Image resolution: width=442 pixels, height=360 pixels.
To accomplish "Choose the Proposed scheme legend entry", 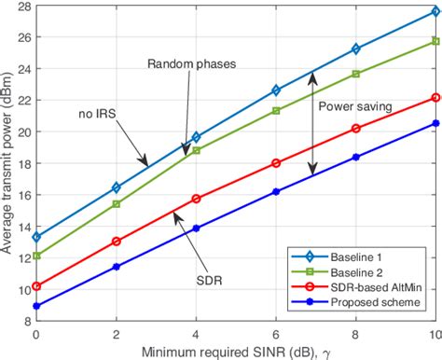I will click(382, 304).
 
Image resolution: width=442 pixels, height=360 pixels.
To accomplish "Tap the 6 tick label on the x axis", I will click(276, 333).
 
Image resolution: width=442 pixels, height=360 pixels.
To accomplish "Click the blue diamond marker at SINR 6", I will click(276, 90).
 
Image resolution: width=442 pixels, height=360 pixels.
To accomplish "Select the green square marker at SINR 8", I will click(355, 74).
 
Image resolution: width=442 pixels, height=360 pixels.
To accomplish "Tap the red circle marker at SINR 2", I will click(117, 241).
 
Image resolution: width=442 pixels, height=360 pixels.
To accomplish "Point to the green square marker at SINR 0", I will click(37, 256).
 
